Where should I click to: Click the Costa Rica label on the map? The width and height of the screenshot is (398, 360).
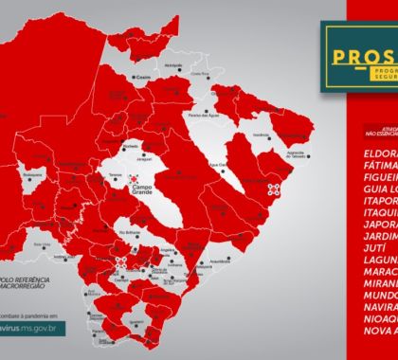click(200, 74)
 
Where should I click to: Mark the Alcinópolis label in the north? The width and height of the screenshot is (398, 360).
click(174, 65)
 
